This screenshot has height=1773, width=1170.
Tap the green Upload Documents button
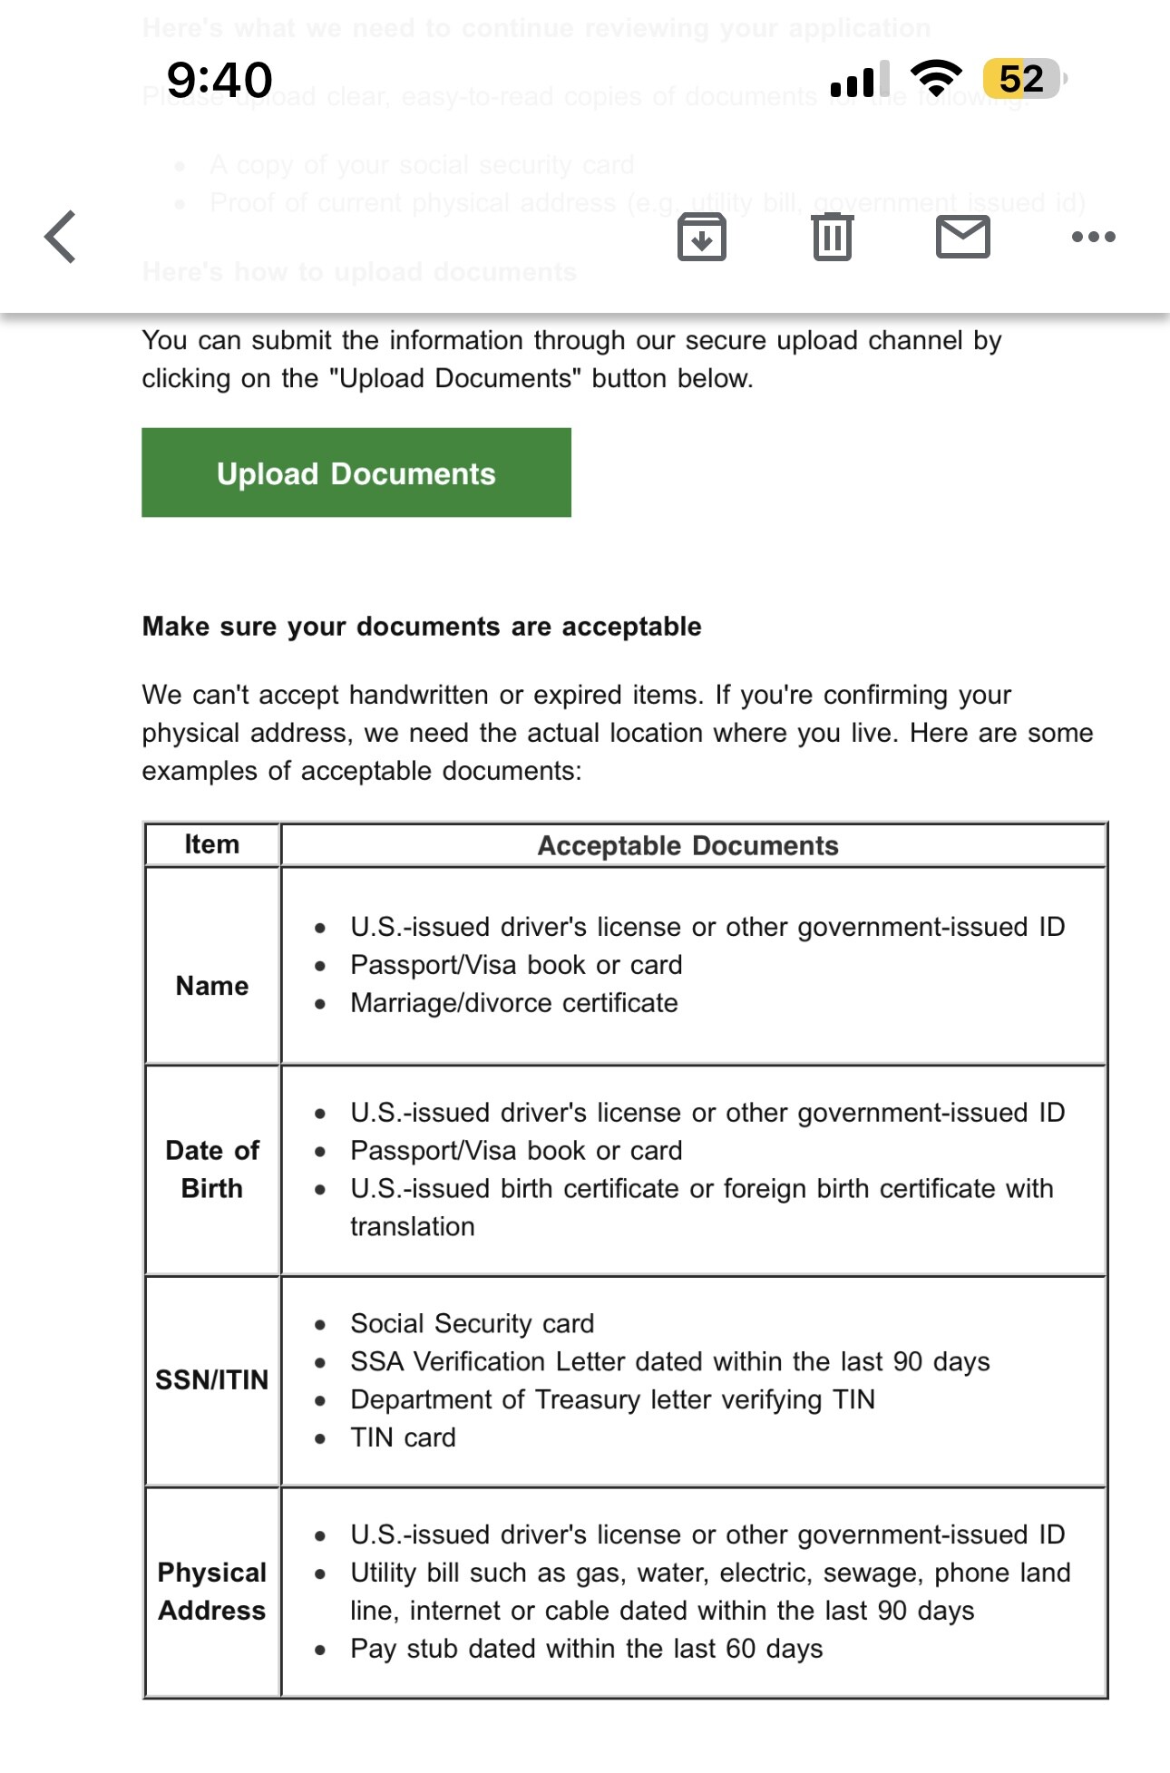(356, 473)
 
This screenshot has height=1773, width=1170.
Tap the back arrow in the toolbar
(61, 237)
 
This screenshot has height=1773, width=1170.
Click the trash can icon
(832, 238)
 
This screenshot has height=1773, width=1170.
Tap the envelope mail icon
(962, 238)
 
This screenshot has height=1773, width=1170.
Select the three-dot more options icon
(1093, 238)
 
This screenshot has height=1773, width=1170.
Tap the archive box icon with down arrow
(702, 238)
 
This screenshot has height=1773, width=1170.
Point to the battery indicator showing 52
(1023, 79)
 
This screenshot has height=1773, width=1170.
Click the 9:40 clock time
(219, 80)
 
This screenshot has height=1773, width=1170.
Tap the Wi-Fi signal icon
(936, 78)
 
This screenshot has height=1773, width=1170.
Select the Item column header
(212, 844)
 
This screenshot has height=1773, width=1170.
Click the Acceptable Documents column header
(688, 845)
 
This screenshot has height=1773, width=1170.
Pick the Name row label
(212, 986)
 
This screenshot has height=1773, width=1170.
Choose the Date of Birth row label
(212, 1169)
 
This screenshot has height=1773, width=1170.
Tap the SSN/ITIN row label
(212, 1379)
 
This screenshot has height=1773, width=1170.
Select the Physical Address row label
(212, 1591)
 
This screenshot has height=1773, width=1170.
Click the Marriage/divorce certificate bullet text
(514, 1003)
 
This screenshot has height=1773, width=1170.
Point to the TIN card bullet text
(403, 1437)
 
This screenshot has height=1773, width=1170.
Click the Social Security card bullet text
(473, 1323)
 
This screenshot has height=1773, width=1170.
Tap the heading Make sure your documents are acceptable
(422, 627)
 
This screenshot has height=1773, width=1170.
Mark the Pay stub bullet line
(587, 1648)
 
